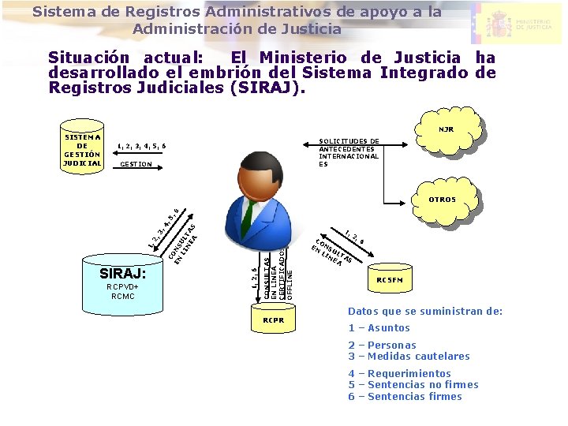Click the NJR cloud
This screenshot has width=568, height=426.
(447, 129)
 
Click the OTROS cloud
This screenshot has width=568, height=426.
(442, 200)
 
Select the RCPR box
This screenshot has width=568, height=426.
(273, 320)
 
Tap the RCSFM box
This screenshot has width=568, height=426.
(390, 279)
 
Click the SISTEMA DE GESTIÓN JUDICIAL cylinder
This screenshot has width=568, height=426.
(83, 145)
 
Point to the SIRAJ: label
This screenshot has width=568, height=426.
(123, 273)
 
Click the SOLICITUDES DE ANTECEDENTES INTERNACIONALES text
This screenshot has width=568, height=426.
(349, 152)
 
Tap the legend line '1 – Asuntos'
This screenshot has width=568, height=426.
(379, 327)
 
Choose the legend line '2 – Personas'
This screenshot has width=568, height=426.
(383, 345)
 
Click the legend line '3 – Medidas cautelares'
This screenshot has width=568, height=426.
(409, 356)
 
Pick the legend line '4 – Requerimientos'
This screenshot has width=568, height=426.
(399, 373)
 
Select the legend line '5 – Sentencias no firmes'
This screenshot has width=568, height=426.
(413, 384)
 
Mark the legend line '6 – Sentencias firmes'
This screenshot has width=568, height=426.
(405, 396)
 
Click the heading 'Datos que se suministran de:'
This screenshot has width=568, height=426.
(425, 311)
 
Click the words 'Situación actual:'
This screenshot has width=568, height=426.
(125, 58)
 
